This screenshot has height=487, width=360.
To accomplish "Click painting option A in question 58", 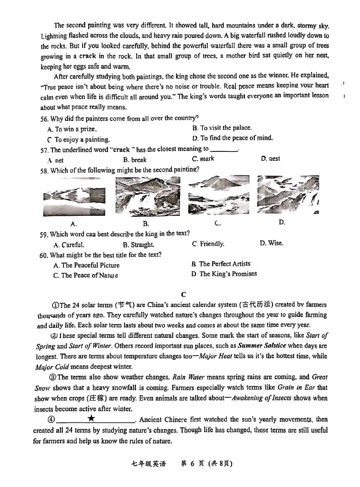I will pos(73,197).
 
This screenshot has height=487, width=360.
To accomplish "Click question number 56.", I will pos(45,118).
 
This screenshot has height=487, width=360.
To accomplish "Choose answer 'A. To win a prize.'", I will pos(72,129).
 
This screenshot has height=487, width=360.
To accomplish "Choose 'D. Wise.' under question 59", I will pos(271,243).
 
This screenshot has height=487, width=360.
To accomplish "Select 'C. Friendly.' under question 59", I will pos(208,244).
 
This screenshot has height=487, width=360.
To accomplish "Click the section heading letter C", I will pos(183,294).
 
